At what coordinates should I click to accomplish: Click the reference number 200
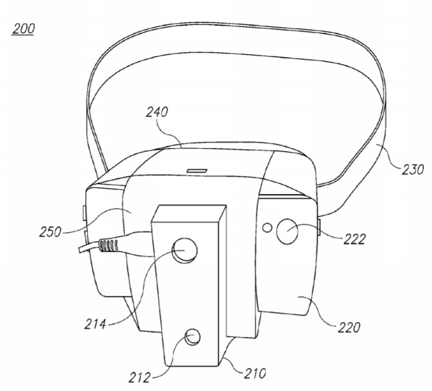click(x=23, y=29)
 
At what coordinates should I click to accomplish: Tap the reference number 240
click(x=157, y=112)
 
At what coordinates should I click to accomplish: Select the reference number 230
click(x=413, y=170)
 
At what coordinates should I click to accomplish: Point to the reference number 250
click(x=50, y=232)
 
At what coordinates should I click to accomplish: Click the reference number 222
click(x=354, y=239)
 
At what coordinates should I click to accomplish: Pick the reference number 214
click(x=95, y=324)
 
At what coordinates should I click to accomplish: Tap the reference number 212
click(x=140, y=377)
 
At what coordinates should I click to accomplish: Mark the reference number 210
click(x=255, y=374)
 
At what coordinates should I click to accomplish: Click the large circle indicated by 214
click(x=185, y=250)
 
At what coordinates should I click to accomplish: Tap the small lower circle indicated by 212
click(x=192, y=337)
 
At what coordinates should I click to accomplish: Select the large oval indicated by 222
click(x=287, y=231)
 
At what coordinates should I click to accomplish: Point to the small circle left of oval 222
click(x=267, y=228)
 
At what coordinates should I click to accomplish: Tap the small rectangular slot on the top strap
click(x=196, y=171)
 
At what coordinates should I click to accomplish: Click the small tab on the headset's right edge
click(x=319, y=227)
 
